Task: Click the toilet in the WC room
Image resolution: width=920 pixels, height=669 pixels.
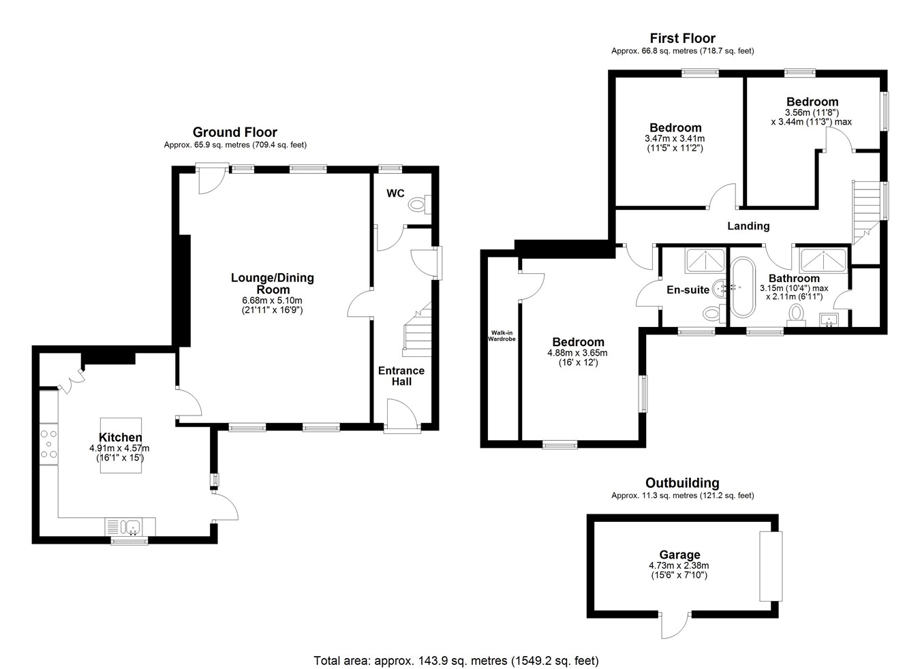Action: point(419,204)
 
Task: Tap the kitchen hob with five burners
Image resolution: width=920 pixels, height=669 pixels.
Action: point(49,444)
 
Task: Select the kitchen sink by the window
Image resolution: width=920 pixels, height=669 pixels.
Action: point(130,526)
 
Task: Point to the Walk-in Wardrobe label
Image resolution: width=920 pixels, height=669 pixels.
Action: point(502,336)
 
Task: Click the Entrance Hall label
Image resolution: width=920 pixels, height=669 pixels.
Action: point(401,376)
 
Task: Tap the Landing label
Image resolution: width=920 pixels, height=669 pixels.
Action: point(748,226)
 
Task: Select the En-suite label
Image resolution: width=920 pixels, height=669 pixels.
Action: point(688,290)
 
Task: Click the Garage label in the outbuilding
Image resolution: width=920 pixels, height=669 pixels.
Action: point(679,555)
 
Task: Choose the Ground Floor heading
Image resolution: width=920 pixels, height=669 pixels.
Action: point(235,132)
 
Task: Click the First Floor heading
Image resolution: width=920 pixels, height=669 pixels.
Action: point(683,38)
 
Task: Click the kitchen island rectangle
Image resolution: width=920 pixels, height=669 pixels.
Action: point(121,446)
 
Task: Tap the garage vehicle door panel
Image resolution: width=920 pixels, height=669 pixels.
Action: point(771,566)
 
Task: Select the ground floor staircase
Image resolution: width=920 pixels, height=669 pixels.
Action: point(417,328)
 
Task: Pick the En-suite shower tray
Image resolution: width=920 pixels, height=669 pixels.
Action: point(705,261)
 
